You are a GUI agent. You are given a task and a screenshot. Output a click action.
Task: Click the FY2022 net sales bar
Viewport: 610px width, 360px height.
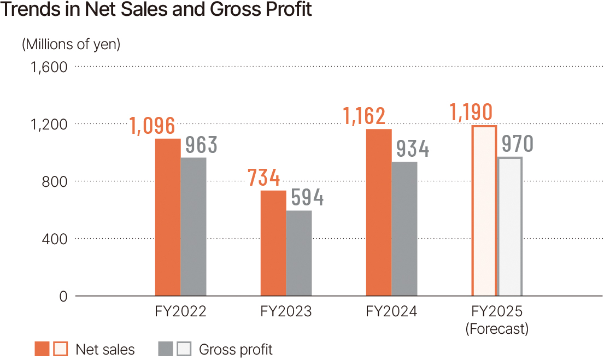pos(167,217)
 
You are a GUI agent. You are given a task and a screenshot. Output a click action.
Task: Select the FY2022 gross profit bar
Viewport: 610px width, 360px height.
pos(193,227)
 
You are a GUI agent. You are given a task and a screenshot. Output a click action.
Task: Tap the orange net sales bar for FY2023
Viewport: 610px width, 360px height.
pos(273,243)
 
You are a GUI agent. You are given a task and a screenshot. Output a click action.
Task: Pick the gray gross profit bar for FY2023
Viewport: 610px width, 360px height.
pos(299,253)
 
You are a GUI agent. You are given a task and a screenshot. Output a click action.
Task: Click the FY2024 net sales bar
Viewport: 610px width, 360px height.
pos(378,213)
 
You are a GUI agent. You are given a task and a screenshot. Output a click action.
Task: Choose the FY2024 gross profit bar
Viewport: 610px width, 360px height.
pos(404,229)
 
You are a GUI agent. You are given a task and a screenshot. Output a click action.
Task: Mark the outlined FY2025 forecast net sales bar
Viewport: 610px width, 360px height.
pos(484,211)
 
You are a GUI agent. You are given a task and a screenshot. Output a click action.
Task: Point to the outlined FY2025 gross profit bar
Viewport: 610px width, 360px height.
pos(510,226)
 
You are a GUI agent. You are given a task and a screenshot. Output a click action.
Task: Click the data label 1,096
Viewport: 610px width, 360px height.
pos(152,126)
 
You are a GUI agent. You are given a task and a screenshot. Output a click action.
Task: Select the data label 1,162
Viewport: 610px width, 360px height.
pos(364,116)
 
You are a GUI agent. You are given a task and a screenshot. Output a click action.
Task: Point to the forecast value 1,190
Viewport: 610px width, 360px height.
pos(471,112)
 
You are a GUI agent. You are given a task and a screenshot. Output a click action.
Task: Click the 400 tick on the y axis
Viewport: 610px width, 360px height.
pos(56,239)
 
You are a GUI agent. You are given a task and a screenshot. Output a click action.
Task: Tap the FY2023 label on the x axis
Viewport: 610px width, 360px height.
pos(286,312)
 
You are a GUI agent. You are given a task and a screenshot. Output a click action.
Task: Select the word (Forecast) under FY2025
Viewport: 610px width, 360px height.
pos(497,329)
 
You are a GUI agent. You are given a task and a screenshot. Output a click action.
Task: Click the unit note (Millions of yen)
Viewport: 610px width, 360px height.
pos(71,44)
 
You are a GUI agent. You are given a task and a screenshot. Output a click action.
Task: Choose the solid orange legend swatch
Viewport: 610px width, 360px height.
pos(42,349)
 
